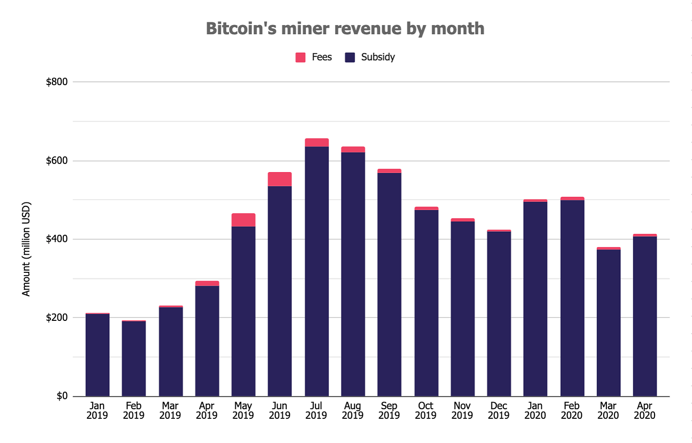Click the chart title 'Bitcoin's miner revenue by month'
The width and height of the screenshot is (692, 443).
coord(345,29)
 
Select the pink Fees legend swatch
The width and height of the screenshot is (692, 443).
coord(300,58)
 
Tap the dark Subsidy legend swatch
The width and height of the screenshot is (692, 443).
coord(350,58)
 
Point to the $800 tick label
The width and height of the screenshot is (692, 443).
coord(57,82)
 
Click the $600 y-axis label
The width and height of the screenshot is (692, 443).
coord(57,161)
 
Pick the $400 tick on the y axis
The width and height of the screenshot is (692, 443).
coord(57,239)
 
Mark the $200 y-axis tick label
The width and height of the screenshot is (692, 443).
coord(57,318)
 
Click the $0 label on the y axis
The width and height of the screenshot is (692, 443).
coord(62,396)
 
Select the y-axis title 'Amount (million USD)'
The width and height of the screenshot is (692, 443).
coord(26,249)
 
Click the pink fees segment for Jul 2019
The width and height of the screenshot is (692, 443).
coord(317,143)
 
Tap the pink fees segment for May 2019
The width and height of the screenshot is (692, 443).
coord(243,220)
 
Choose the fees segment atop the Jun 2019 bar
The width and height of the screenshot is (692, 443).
coord(279,179)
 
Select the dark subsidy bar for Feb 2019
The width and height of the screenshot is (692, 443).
coord(134,359)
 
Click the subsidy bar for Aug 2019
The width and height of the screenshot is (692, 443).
coord(353,274)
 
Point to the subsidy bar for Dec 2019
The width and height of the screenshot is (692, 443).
coord(499,314)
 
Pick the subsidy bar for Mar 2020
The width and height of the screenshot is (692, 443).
coord(608,323)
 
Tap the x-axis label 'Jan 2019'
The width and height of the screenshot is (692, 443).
coord(97,411)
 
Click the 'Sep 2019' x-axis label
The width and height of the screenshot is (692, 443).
coord(389,411)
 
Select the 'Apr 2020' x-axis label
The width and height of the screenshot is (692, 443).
coord(644,411)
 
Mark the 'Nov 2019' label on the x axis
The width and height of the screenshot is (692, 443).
coord(462,411)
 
